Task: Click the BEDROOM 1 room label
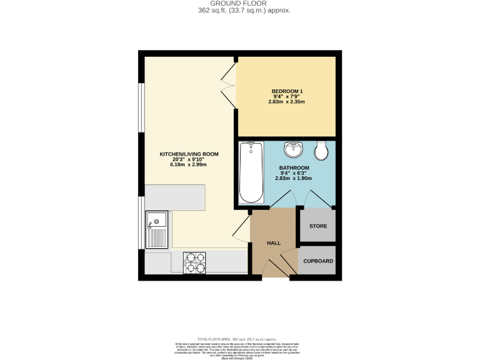pyautogui.click(x=287, y=91)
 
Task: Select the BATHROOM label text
pyautogui.click(x=294, y=168)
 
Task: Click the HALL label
pyautogui.click(x=274, y=243)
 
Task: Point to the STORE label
pyautogui.click(x=318, y=226)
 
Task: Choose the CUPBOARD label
pyautogui.click(x=318, y=261)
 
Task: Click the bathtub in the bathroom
pyautogui.click(x=251, y=172)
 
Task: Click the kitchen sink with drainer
pyautogui.click(x=156, y=229)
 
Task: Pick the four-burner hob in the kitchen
pyautogui.click(x=194, y=263)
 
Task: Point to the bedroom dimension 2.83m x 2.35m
pyautogui.click(x=287, y=102)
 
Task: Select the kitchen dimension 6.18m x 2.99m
pyautogui.click(x=189, y=164)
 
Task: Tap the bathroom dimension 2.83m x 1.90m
pyautogui.click(x=294, y=179)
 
